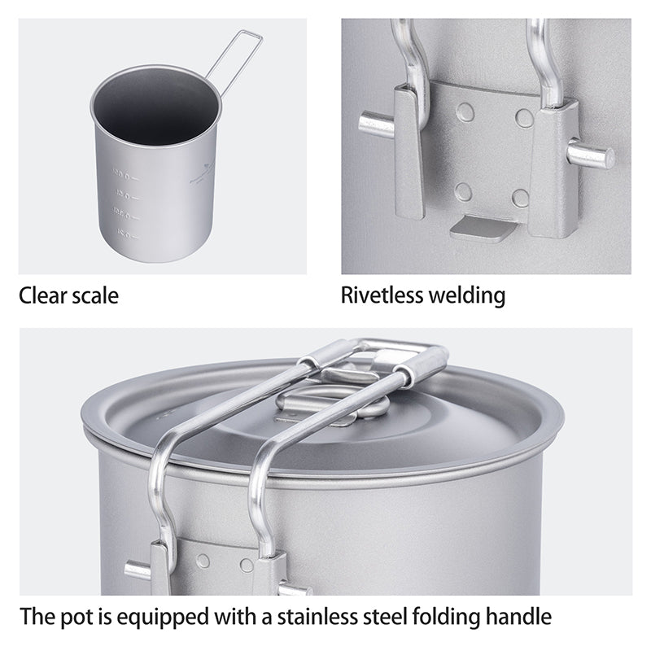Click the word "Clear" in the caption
(x=44, y=295)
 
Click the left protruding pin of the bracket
(x=375, y=125)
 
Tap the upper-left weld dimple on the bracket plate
(x=465, y=112)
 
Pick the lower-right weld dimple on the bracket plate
(x=520, y=198)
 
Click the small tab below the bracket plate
(x=483, y=228)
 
